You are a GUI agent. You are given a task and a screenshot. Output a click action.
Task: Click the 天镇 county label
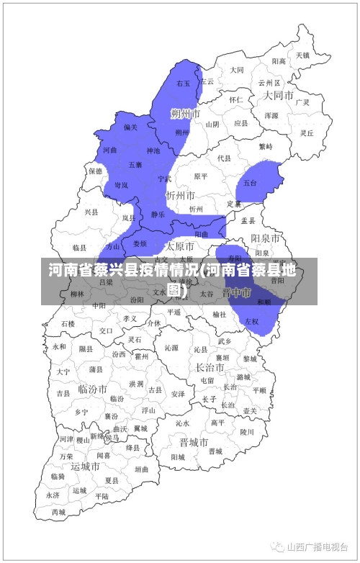(x=302, y=55)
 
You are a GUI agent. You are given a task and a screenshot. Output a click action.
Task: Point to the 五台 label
(x=250, y=183)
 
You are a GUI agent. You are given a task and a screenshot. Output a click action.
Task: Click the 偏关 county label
(x=130, y=127)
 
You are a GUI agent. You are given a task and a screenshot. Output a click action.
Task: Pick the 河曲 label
(x=109, y=150)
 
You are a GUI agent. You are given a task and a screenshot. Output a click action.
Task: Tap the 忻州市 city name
(x=180, y=195)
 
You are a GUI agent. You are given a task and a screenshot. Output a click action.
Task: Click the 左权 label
(x=251, y=321)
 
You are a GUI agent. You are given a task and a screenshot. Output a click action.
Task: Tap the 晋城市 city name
(x=194, y=441)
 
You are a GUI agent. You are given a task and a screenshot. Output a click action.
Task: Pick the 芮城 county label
(x=58, y=513)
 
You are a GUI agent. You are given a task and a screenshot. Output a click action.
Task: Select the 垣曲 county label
(x=142, y=469)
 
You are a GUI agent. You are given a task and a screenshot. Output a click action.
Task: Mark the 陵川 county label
(x=247, y=432)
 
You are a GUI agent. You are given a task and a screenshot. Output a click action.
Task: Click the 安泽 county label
(x=178, y=394)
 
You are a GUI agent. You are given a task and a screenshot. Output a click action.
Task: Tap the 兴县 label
(x=91, y=212)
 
